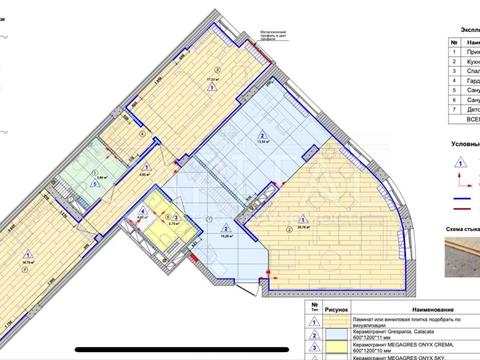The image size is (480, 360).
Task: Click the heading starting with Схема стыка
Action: [x=459, y=229]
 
